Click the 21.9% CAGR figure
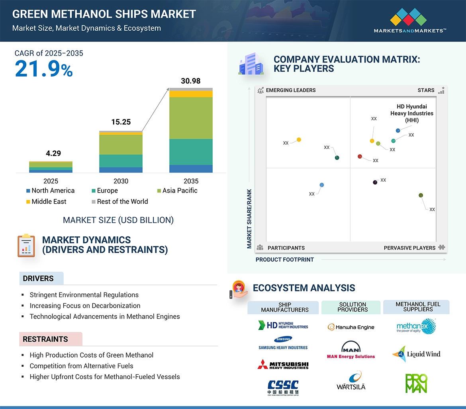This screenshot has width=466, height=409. tap(44, 69)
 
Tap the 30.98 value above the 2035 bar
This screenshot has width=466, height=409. tap(190, 81)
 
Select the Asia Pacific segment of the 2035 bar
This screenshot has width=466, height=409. tap(191, 118)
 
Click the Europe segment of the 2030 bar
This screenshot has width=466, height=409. tap(121, 161)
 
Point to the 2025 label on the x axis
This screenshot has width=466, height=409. tap(51, 181)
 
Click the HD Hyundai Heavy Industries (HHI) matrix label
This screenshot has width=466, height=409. tap(412, 113)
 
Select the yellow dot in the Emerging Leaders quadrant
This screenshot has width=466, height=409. tap(299, 140)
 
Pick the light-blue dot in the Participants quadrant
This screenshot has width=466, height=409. tap(322, 185)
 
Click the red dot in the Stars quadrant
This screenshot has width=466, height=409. tap(360, 157)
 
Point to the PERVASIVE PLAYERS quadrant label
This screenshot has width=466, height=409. tap(409, 248)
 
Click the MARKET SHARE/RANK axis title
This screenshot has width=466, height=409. tap(249, 218)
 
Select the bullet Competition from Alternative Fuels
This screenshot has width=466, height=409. tap(81, 366)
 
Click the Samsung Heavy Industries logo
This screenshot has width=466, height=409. tap(283, 343)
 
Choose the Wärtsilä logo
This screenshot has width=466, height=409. tap(351, 380)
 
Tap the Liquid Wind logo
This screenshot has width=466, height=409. tap(416, 354)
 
